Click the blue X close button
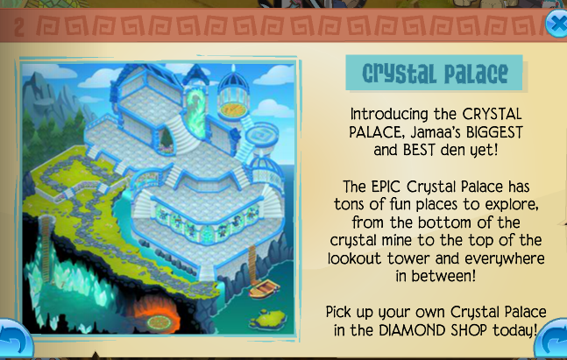tap(556, 24)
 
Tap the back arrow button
tap(15, 340)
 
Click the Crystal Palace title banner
tap(435, 73)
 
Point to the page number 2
tap(19, 27)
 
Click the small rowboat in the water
tap(264, 289)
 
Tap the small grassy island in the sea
tap(268, 318)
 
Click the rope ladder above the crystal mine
tap(46, 249)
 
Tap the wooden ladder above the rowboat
tap(252, 264)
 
